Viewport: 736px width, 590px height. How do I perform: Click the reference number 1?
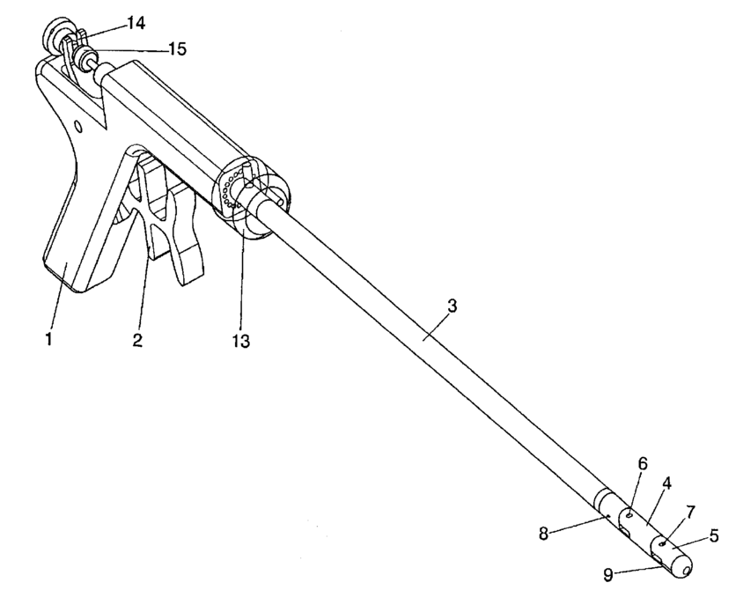(49, 337)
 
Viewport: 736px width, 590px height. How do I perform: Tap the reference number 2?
(137, 338)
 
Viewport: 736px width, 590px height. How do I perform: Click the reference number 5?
(714, 535)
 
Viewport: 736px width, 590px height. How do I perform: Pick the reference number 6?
(642, 463)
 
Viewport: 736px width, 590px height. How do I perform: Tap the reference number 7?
(690, 512)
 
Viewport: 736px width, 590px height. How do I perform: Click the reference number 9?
(608, 574)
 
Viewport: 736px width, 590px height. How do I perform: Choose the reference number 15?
(176, 49)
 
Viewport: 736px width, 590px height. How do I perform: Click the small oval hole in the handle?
(79, 127)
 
